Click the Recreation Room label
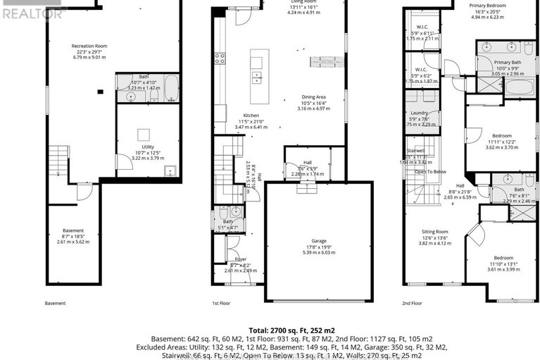tap(88, 46)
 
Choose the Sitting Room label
tap(434, 232)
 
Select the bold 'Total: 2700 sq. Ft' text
tap(270, 330)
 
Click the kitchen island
tap(259, 67)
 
